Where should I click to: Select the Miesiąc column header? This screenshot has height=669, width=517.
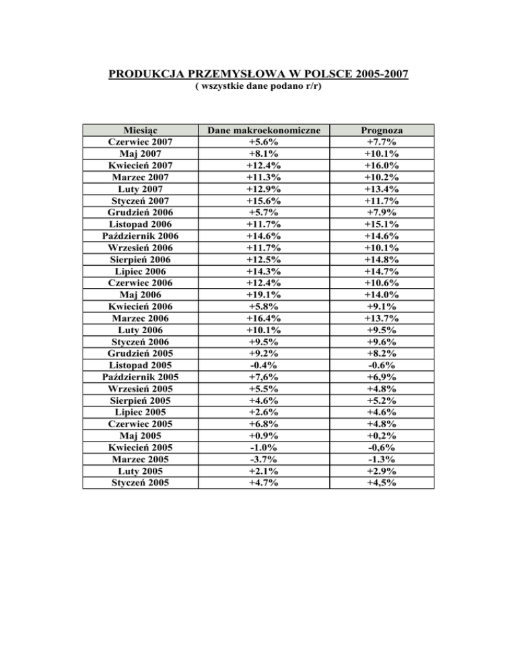click(142, 131)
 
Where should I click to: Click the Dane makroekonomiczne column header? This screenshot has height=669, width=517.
click(265, 131)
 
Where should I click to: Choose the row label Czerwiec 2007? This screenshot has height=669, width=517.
click(142, 143)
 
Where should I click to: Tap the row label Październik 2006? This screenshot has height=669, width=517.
click(142, 236)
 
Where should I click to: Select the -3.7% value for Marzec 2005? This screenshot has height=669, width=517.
click(265, 460)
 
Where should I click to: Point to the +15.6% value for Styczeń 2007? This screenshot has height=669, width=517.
click(265, 201)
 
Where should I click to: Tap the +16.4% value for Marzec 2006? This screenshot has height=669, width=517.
click(265, 318)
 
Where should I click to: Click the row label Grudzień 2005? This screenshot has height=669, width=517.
click(142, 354)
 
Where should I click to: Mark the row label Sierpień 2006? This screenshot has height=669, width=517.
click(142, 260)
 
